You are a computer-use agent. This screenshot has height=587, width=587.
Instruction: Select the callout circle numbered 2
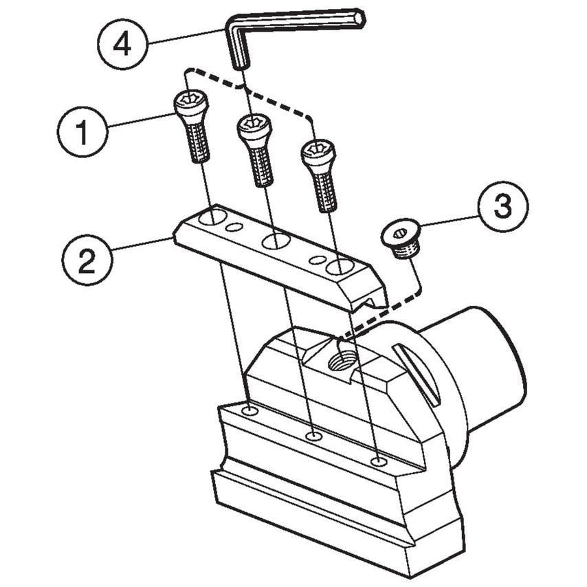click(x=86, y=261)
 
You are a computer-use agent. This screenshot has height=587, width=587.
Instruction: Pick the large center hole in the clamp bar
click(x=275, y=241)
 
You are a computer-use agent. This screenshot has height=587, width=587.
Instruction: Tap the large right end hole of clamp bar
click(x=339, y=266)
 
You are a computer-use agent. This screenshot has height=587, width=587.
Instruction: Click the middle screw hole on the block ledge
click(x=314, y=436)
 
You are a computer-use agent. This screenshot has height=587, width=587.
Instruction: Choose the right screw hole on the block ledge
click(x=377, y=461)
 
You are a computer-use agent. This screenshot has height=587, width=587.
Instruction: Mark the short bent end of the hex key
click(x=238, y=52)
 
